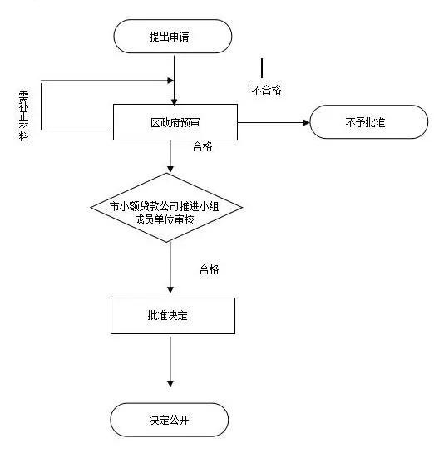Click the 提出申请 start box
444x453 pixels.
[x=171, y=37]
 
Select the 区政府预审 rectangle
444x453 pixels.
[x=175, y=123]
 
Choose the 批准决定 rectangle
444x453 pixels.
[x=172, y=316]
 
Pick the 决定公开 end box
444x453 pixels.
[x=170, y=420]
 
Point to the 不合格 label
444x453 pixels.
[x=266, y=90]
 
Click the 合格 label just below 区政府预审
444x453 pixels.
[x=202, y=147]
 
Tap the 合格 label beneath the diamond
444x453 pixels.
[x=209, y=269]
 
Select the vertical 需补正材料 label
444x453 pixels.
[x=23, y=116]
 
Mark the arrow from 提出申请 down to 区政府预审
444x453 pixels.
[x=172, y=79]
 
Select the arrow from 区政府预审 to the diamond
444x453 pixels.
[x=170, y=156]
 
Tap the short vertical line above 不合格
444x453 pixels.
[x=263, y=67]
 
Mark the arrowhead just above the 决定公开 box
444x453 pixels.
[x=170, y=383]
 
